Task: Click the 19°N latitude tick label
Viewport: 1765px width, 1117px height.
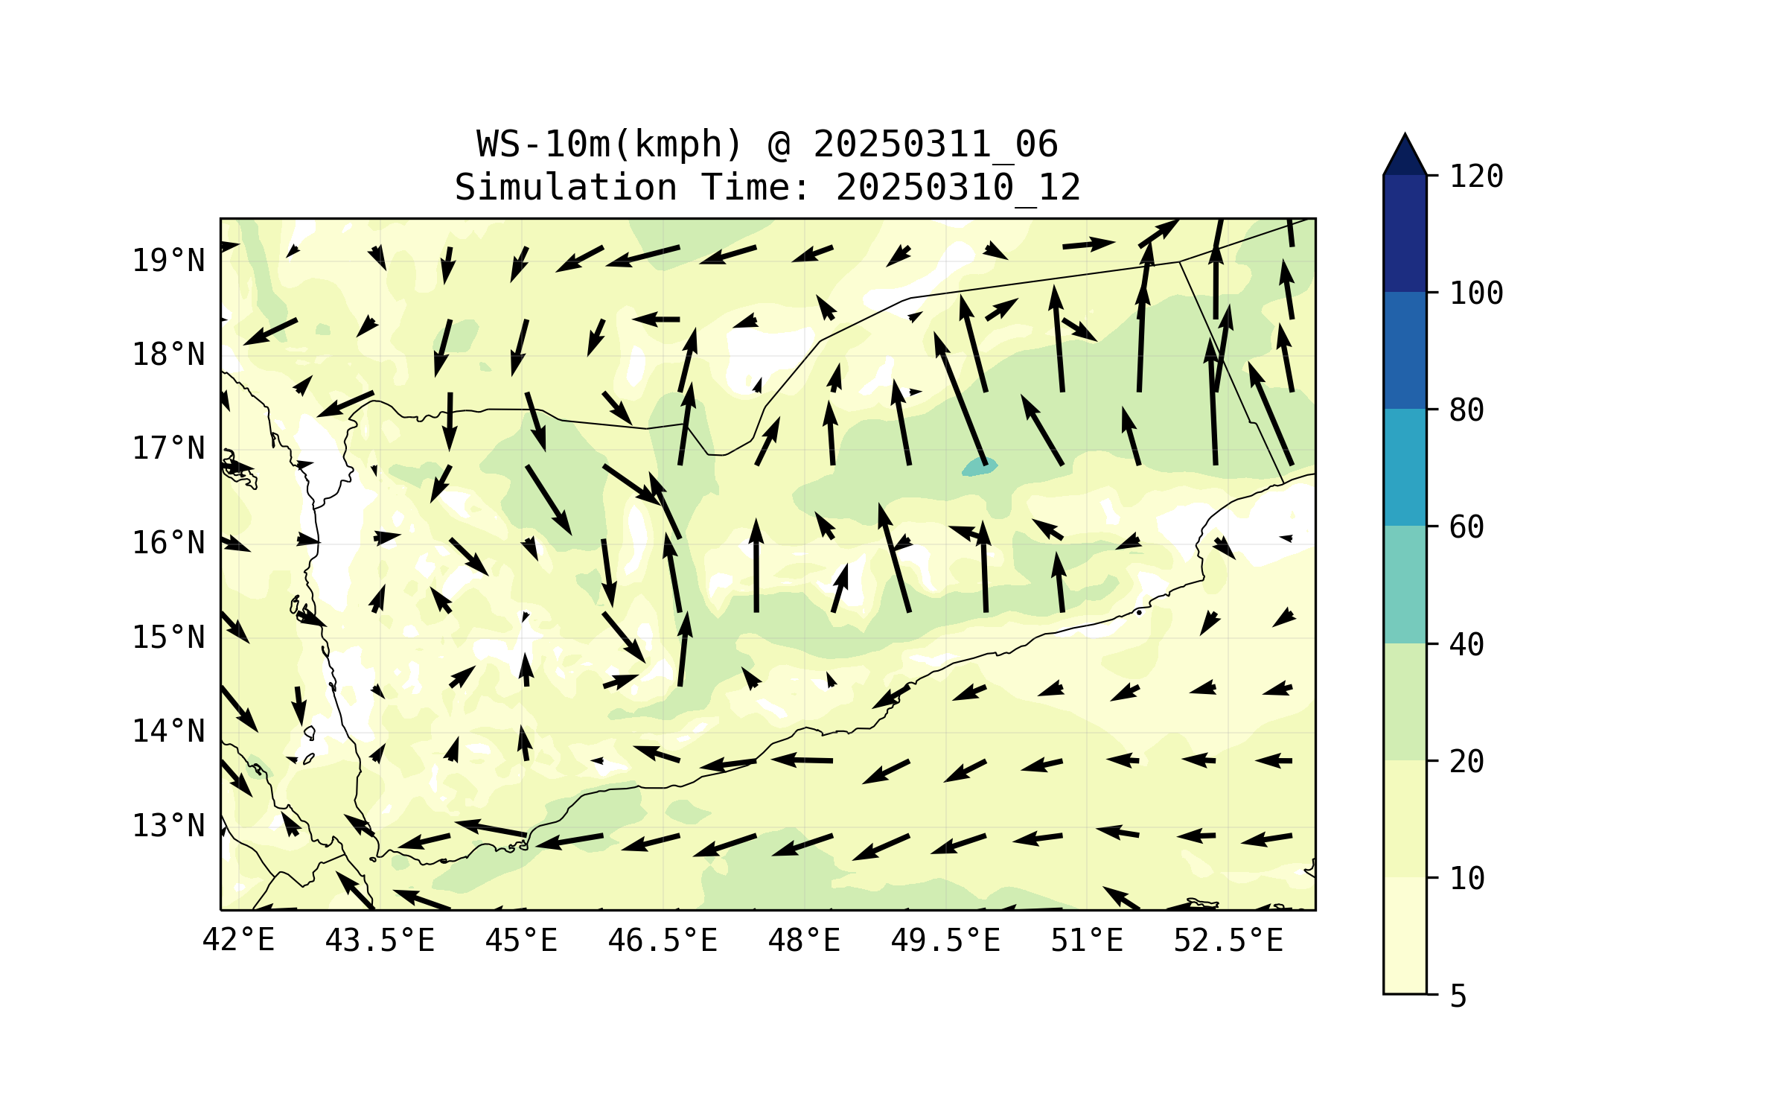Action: (x=168, y=261)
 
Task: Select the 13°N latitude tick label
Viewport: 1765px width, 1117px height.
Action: (x=168, y=826)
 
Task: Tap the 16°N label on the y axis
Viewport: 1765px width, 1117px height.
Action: (x=168, y=543)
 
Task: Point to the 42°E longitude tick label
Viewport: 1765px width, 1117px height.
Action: (x=238, y=941)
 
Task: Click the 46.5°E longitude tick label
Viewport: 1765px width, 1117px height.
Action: (x=663, y=941)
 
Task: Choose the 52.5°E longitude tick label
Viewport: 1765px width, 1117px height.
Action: (x=1228, y=941)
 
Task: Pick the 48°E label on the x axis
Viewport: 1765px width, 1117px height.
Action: (x=804, y=941)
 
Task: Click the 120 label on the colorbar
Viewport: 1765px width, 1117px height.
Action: (x=1476, y=176)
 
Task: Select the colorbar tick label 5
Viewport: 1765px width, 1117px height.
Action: (x=1458, y=996)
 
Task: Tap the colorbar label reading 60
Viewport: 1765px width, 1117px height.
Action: (x=1466, y=527)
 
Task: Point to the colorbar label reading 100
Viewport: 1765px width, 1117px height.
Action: (x=1476, y=293)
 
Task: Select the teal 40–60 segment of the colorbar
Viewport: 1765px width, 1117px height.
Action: (x=1405, y=585)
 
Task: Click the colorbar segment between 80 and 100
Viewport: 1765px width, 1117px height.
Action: (x=1405, y=350)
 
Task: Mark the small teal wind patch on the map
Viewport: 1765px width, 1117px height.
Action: (x=980, y=467)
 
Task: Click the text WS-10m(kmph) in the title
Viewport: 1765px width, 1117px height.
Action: (x=610, y=144)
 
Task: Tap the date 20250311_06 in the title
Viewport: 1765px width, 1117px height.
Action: (x=935, y=144)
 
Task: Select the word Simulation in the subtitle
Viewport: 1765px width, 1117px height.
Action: (x=566, y=188)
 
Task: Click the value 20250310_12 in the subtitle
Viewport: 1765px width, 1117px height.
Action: (x=958, y=188)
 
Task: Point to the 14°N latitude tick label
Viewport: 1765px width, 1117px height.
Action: (x=168, y=731)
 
